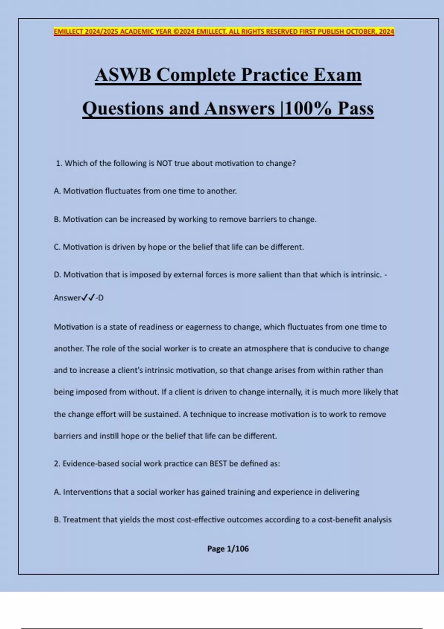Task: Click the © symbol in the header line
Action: tap(176, 32)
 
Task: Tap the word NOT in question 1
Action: tap(164, 164)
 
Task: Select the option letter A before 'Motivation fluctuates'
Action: tap(57, 191)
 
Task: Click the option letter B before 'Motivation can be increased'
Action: tap(57, 219)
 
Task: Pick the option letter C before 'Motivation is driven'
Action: tap(57, 247)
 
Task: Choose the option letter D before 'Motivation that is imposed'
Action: tap(57, 275)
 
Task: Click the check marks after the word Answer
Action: tap(88, 297)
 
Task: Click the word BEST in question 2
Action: tap(218, 464)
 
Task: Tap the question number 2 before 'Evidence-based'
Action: tap(57, 464)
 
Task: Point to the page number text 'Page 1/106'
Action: tap(228, 549)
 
